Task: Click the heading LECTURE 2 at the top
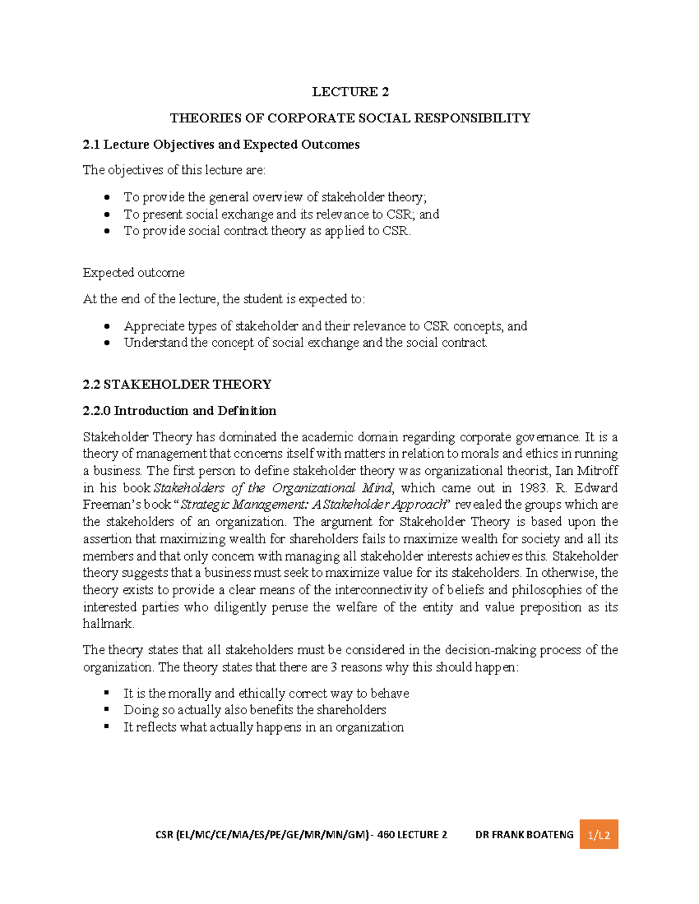[350, 91]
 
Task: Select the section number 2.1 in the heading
[91, 144]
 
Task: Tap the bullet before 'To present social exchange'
[107, 215]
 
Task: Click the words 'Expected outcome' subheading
[133, 272]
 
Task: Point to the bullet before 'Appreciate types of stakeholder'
[107, 327]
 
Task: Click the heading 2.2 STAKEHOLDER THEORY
[177, 384]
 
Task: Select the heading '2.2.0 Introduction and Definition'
[179, 410]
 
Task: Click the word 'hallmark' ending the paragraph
[108, 623]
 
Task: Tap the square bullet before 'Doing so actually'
[107, 710]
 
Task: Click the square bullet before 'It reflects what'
[107, 727]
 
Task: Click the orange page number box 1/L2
[598, 835]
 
